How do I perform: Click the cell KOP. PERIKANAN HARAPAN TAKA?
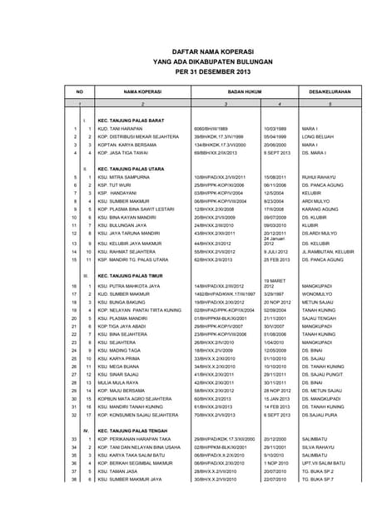[136, 439]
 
